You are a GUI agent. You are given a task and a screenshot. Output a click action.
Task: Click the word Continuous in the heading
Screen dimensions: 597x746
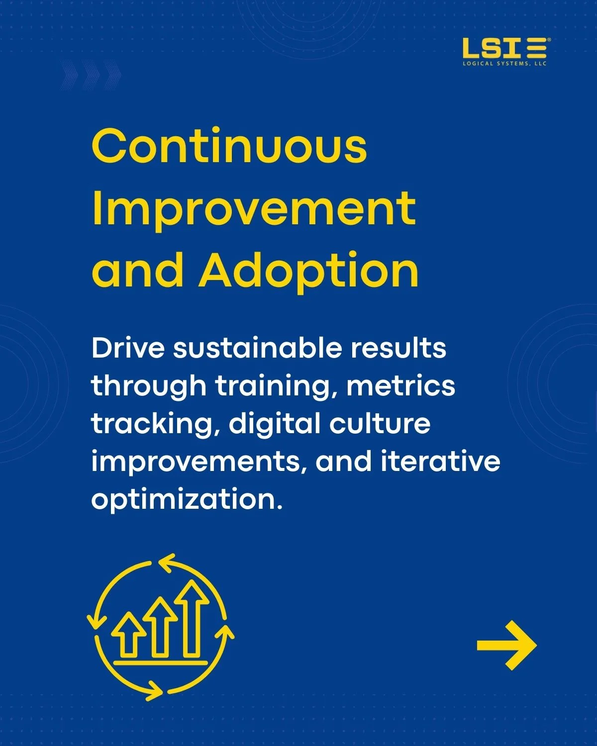click(x=229, y=146)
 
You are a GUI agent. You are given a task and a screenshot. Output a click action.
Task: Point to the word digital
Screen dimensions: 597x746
click(x=275, y=425)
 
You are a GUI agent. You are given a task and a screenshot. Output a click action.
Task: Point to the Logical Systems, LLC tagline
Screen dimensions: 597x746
click(x=505, y=64)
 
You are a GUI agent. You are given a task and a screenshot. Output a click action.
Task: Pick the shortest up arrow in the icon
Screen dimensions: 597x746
click(x=129, y=635)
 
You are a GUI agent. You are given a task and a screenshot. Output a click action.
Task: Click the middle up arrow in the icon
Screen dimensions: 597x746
click(x=160, y=627)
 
